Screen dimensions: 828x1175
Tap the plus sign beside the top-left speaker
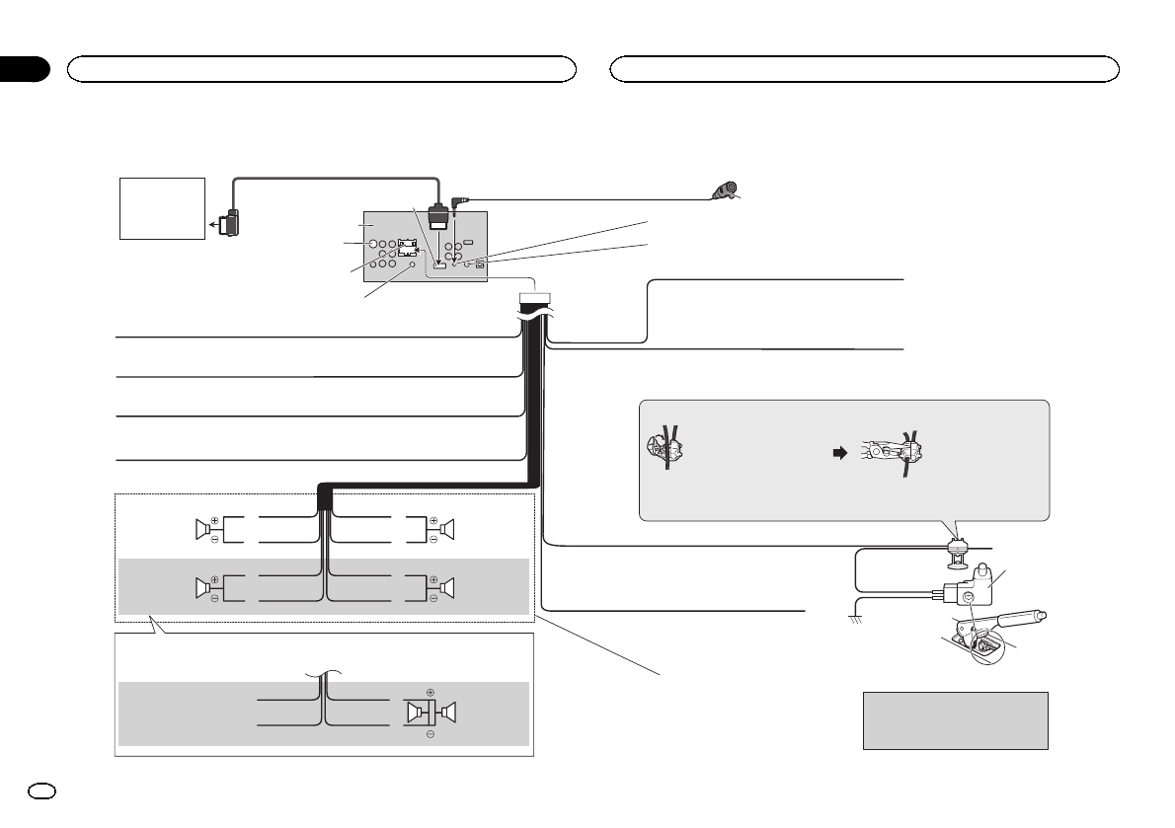tap(214, 519)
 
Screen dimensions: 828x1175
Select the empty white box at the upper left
tap(162, 208)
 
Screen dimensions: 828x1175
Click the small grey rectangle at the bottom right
tap(955, 720)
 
